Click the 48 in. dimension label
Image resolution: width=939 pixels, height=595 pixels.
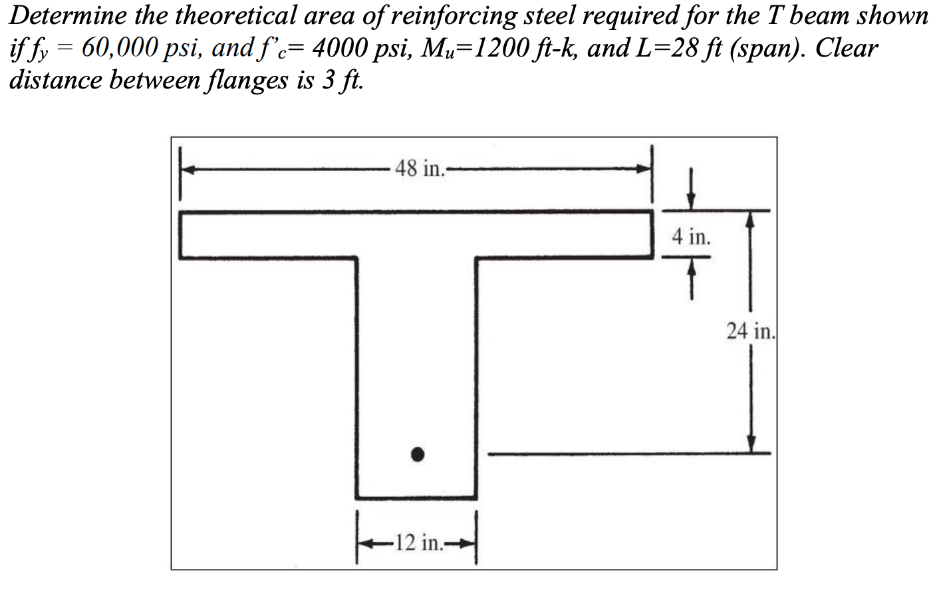(419, 168)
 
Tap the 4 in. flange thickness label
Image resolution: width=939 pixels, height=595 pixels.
(691, 236)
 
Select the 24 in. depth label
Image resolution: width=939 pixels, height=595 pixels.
(751, 331)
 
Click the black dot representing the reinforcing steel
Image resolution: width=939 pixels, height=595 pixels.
(417, 455)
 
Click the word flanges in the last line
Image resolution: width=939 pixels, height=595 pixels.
(247, 80)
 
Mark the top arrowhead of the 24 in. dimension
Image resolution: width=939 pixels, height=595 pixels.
(751, 220)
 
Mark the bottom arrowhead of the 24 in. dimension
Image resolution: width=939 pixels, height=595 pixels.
(751, 445)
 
